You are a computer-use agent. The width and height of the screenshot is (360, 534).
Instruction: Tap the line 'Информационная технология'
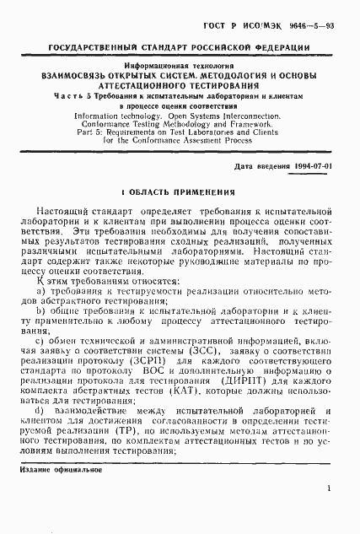pos(180,64)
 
